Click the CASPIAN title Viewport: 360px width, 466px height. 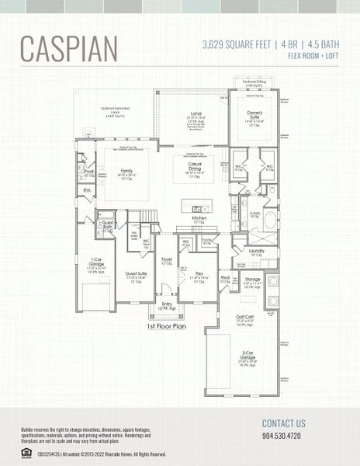click(69, 48)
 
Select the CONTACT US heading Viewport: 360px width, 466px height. click(284, 424)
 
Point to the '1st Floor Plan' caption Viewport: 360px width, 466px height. click(165, 327)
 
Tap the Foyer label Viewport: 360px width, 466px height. click(166, 261)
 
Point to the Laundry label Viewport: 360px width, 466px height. click(257, 251)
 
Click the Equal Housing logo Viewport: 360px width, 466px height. click(26, 452)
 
